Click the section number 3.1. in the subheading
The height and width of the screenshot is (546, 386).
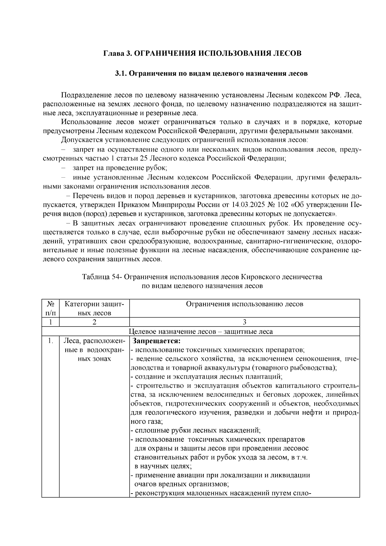point(122,73)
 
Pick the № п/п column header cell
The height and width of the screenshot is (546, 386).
point(50,308)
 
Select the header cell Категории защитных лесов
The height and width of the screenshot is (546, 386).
point(94,308)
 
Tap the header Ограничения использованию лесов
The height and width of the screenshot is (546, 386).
point(244,304)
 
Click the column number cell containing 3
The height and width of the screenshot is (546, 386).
point(244,322)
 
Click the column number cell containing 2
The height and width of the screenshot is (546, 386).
point(94,322)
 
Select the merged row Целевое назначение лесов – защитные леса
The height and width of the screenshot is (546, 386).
point(201,331)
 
